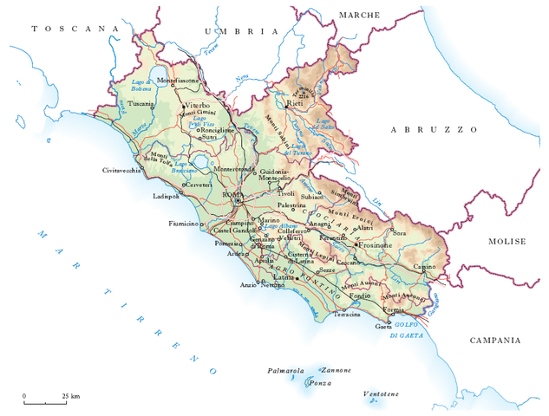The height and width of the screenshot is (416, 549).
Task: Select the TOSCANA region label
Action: click(x=75, y=29)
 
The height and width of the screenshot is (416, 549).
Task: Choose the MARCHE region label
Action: click(x=360, y=16)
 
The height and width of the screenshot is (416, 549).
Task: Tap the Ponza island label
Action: click(x=320, y=383)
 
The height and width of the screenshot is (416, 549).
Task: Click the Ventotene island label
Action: click(x=381, y=394)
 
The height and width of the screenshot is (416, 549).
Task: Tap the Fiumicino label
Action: click(x=184, y=224)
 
